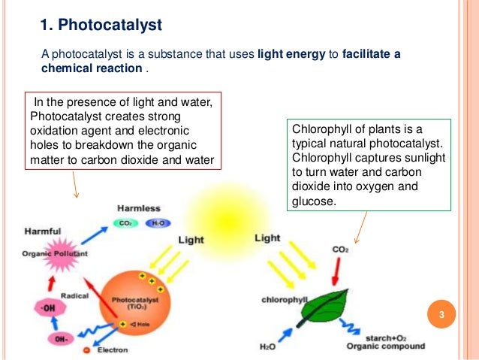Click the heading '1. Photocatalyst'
pos(101,26)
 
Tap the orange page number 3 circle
pos(442,313)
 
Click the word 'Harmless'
pos(139,207)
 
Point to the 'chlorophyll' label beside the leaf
pos(285,299)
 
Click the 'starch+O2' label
pos(389,336)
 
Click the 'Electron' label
pos(111,350)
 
